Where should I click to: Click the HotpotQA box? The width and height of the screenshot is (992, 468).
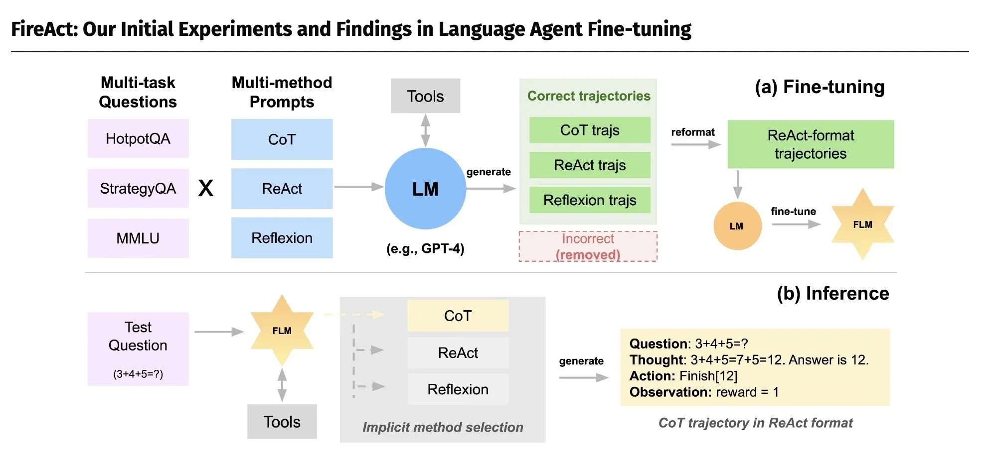138,138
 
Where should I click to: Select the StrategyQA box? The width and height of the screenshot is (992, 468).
138,188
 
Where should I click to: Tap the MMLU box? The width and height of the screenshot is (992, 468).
138,238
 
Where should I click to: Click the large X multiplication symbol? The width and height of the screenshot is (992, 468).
206,188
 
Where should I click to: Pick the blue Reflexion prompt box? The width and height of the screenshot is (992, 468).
282,238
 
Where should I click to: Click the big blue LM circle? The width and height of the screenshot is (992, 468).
425,189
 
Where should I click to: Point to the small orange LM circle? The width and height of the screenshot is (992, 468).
737,226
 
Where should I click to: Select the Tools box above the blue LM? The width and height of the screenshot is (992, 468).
425,96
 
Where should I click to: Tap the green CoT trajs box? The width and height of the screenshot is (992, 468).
590,130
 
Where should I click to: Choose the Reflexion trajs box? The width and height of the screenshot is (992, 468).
590,200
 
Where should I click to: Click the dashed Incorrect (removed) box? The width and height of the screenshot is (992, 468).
588,246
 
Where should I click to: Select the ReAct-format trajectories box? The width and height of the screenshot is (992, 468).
811,144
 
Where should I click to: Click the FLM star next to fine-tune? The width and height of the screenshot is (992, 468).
862,225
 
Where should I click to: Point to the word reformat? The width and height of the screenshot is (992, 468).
693,132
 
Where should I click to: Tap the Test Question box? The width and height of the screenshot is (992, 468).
138,349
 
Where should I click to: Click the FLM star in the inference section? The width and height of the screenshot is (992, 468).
282,331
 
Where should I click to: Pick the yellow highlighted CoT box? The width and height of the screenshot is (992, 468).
458,316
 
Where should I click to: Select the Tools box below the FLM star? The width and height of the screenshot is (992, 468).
282,422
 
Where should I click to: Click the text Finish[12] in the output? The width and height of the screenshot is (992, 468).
708,376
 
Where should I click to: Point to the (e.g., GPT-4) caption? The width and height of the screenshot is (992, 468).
425,248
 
